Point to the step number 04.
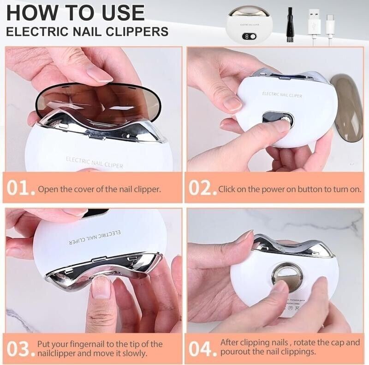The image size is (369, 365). [x=202, y=349]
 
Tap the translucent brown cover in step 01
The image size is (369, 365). [x=97, y=99]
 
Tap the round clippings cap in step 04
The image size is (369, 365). [x=287, y=276]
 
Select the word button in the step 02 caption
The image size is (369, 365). [x=303, y=189]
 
